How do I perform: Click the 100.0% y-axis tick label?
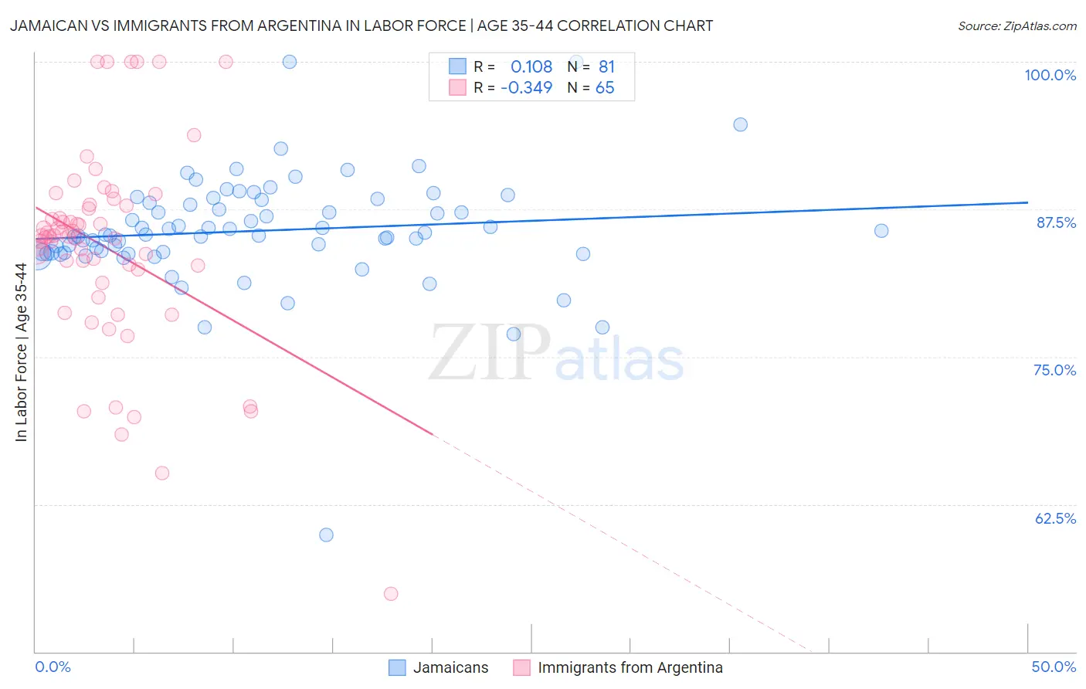pos(1050,75)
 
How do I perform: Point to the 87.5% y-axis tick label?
pos(1055,222)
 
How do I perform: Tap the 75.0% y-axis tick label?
pos(1054,370)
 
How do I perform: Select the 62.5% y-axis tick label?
pos(1055,518)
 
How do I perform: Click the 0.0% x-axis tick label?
pos(53,667)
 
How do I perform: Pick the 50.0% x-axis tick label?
pos(1054,667)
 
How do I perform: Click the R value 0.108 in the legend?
pos(531,67)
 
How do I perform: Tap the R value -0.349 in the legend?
pos(527,88)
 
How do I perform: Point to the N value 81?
pos(606,67)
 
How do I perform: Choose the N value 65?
pos(605,88)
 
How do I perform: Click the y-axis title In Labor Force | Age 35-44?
pos(22,352)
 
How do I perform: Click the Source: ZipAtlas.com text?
pos(1016,26)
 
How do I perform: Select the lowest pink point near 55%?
pos(391,594)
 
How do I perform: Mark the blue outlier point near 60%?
pos(326,535)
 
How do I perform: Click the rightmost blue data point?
pos(881,231)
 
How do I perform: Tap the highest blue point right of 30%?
pos(740,124)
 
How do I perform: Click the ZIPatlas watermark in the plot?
pos(556,354)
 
